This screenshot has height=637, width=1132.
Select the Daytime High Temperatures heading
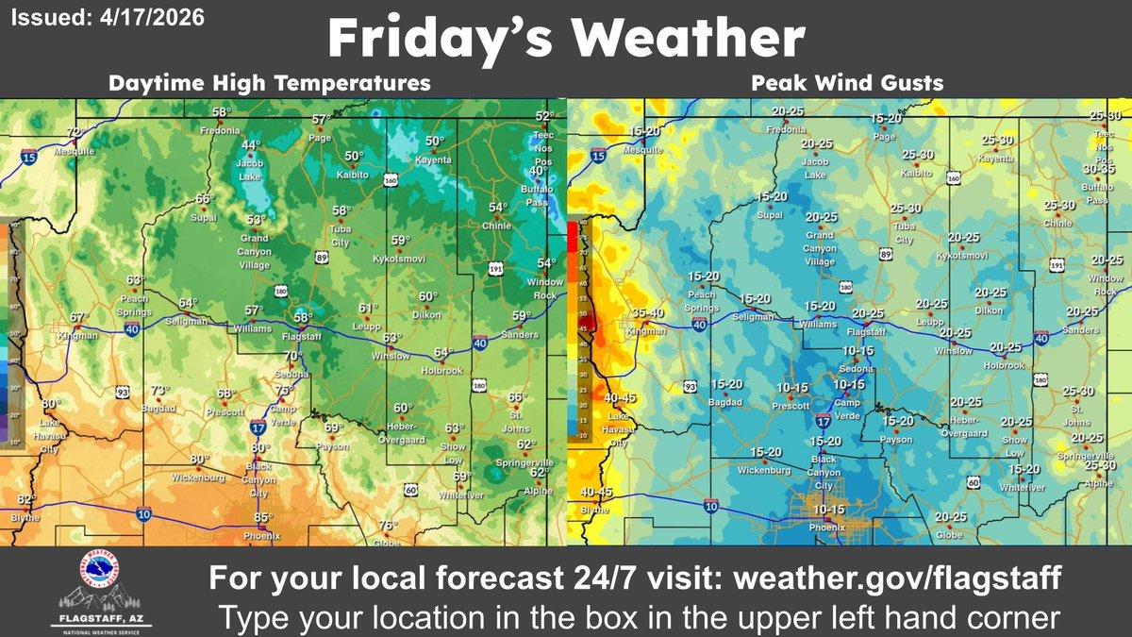[x=270, y=83]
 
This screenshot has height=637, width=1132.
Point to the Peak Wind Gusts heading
[x=847, y=83]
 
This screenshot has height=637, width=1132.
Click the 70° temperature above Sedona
[x=293, y=356]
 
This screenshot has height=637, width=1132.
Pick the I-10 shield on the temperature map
[x=142, y=514]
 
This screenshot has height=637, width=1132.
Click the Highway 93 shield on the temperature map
[x=124, y=390]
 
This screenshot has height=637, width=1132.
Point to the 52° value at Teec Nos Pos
[x=544, y=116]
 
